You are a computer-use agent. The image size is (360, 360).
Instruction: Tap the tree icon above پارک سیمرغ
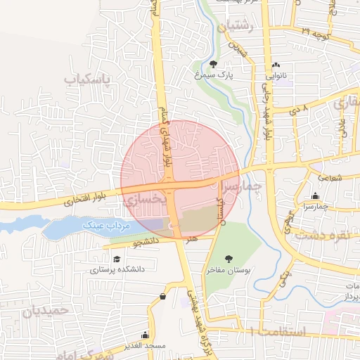tap(213, 65)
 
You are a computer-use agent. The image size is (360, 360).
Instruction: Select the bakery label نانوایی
tap(276, 74)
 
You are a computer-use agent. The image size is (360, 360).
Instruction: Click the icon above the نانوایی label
tap(275, 65)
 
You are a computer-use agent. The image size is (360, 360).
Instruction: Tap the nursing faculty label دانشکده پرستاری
tap(116, 269)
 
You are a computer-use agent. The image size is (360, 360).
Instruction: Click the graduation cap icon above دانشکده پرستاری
tap(116, 259)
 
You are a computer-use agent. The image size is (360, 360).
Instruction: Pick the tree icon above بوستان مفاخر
tap(229, 258)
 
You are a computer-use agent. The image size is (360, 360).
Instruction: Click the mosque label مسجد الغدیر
tap(144, 345)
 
